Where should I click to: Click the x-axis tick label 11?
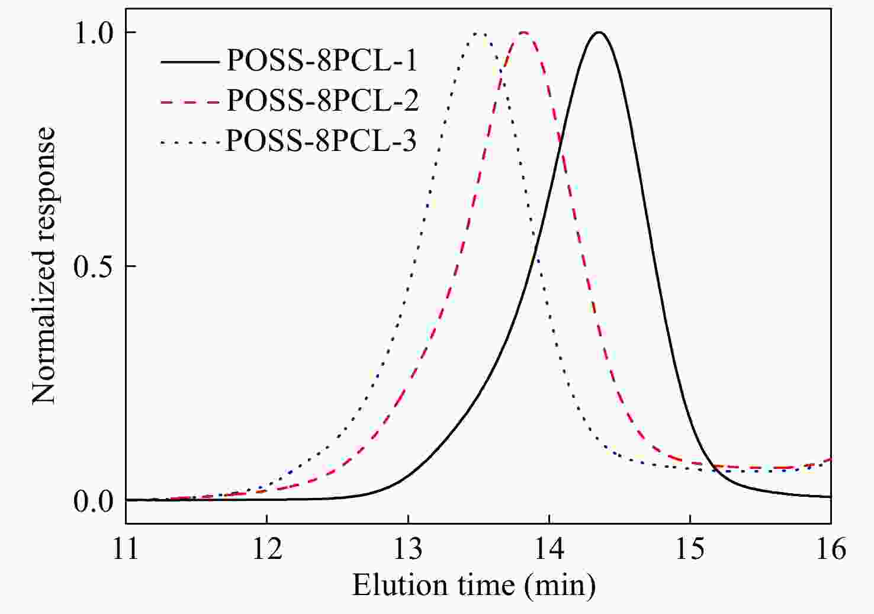126,549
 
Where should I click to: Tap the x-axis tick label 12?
266,549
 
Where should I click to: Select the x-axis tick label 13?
408,549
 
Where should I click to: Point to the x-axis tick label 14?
549,549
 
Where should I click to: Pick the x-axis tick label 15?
690,549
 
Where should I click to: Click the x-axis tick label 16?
831,549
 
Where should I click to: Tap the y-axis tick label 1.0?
93,33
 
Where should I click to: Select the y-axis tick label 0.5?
93,266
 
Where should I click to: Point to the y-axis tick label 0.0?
93,501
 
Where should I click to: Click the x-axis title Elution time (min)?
474,586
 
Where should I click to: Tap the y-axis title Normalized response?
44,266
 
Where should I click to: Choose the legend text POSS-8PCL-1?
322,60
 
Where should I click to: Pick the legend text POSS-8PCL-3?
322,141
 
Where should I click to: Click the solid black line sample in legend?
189,61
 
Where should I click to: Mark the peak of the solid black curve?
599,32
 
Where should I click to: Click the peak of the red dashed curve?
523,32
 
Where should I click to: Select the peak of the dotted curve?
480,33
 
